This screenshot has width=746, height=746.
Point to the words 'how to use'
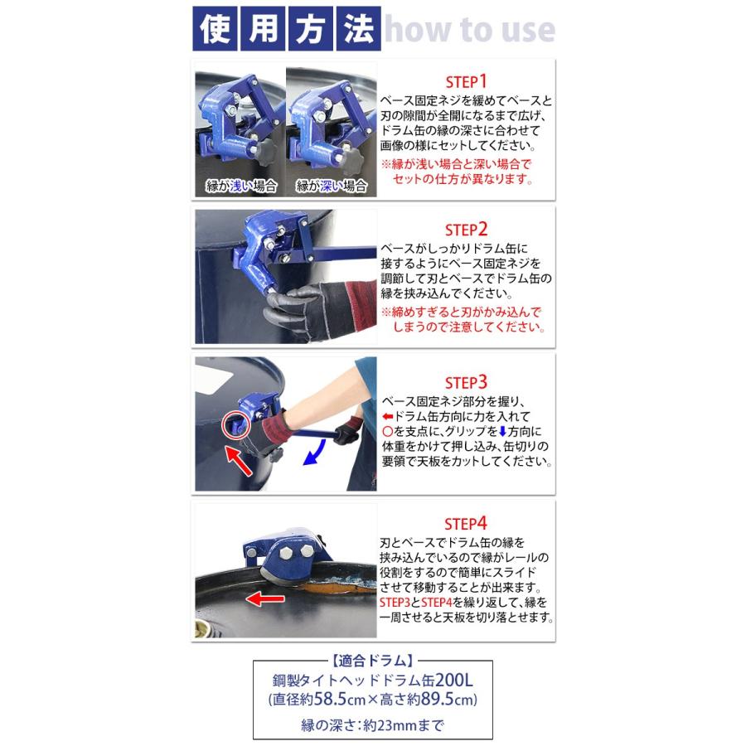(x=469, y=30)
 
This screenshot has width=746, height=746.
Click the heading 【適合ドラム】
(x=372, y=662)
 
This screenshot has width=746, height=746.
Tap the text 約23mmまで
(x=405, y=725)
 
